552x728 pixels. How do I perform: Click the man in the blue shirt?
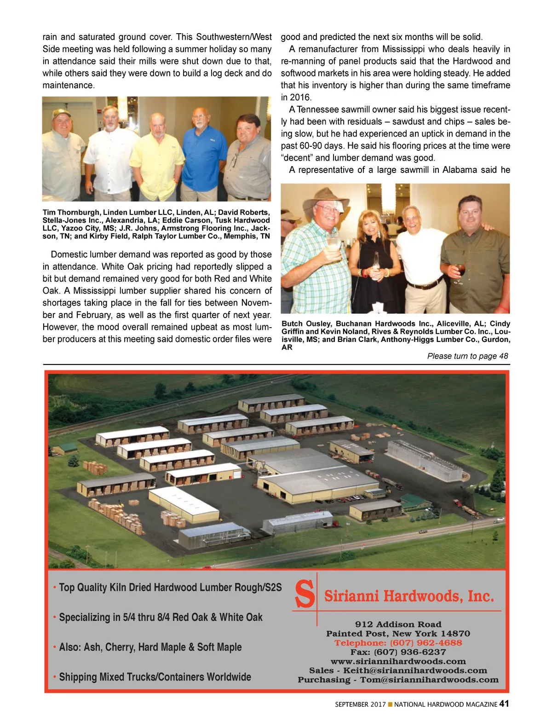coord(205,152)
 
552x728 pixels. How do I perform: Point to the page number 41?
coord(504,704)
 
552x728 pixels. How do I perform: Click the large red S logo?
coord(305,595)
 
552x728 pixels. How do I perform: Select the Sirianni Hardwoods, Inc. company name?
coord(409,596)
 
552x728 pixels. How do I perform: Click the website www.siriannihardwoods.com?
coord(398,661)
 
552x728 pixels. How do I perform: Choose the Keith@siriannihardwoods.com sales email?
coord(415,670)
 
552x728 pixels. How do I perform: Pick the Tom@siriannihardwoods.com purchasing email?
coord(429,680)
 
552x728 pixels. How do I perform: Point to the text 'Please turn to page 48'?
coord(467,356)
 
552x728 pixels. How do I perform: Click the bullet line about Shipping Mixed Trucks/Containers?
coord(155,677)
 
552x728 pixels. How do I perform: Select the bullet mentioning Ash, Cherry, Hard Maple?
coord(150,647)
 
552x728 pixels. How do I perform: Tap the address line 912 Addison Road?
coord(398,624)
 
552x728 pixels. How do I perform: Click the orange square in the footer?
coord(390,705)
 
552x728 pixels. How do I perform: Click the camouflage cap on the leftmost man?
coord(61,113)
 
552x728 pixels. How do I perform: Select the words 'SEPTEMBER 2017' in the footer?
coord(360,705)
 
